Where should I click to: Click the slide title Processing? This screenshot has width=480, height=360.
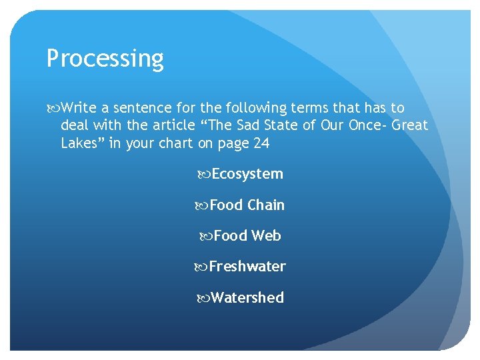[105, 59]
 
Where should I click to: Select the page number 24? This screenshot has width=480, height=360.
[261, 143]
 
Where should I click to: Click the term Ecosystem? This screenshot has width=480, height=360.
[247, 174]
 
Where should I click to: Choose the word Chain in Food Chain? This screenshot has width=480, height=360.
[266, 205]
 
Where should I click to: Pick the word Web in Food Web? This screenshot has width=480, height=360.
[267, 236]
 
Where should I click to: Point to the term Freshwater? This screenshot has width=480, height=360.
[247, 267]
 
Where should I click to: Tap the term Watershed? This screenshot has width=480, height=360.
[247, 297]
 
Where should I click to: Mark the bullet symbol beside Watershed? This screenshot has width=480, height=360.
[204, 298]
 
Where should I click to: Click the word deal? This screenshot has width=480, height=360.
[74, 125]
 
